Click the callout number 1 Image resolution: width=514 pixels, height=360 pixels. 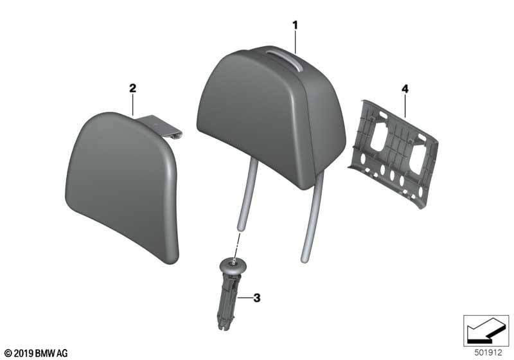click(295, 25)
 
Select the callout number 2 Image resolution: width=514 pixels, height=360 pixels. click(132, 89)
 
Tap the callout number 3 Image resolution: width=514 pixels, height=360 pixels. click(257, 298)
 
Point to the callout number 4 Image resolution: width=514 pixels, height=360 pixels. click(405, 89)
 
